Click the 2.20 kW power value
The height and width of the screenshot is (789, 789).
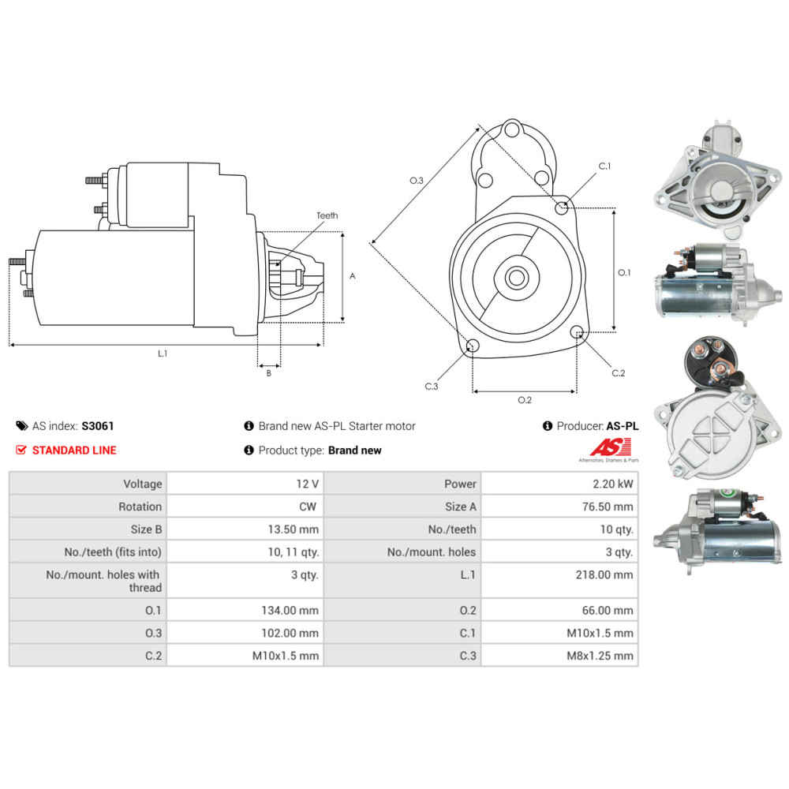click(615, 484)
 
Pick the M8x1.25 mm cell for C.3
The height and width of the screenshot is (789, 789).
click(601, 655)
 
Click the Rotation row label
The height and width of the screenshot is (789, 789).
click(140, 507)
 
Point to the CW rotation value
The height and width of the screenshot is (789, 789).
click(309, 507)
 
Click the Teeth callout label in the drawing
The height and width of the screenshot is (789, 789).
click(327, 215)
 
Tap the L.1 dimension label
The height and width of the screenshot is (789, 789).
click(163, 353)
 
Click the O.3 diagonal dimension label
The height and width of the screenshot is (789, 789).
click(417, 181)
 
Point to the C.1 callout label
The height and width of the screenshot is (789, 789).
click(605, 166)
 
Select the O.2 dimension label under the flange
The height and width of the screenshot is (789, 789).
click(524, 400)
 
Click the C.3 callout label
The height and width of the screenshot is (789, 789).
click(431, 386)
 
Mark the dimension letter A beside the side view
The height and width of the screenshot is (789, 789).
click(353, 276)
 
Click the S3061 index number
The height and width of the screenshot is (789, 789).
click(98, 426)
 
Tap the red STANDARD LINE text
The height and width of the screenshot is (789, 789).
click(73, 451)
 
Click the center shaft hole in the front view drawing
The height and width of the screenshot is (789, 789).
click(517, 278)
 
